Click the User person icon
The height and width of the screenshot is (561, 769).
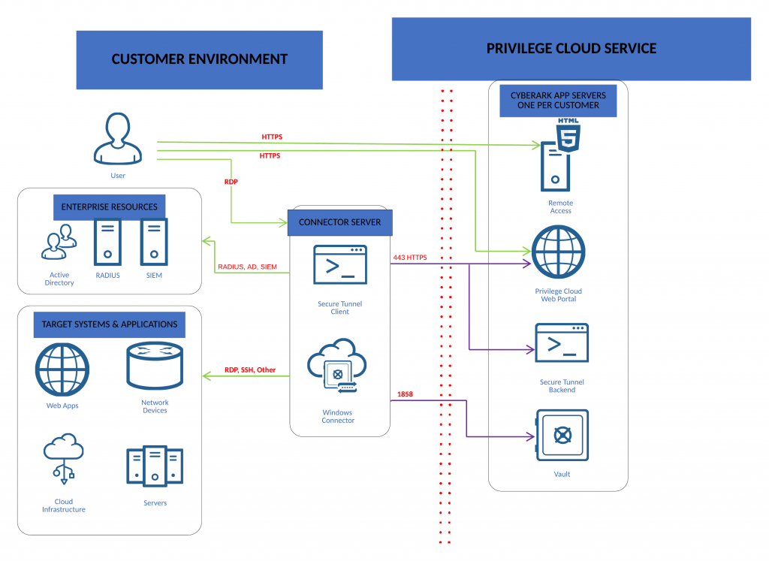[x=118, y=138]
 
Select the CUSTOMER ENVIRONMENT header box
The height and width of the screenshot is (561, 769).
[x=199, y=59]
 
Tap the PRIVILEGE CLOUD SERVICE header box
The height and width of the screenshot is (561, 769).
[x=571, y=49]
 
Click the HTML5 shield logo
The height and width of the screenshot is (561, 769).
[x=568, y=136]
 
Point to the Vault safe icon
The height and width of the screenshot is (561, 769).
[x=562, y=436]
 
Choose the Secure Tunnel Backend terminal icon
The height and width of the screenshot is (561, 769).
[x=562, y=343]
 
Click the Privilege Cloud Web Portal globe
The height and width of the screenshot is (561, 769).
[x=558, y=252]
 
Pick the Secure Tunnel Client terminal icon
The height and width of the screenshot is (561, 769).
[x=340, y=264]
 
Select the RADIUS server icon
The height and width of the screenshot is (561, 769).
[x=107, y=242]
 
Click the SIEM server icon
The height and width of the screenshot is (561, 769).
[x=154, y=242]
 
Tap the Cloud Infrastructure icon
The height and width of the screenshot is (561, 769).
[x=63, y=454]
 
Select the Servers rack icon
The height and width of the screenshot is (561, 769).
[x=155, y=467]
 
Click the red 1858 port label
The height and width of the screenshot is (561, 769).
[x=406, y=394]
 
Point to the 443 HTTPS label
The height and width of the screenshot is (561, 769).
[x=410, y=258]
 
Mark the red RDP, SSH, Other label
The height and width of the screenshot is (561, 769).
[x=250, y=370]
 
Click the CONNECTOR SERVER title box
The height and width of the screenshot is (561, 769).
[x=340, y=222]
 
